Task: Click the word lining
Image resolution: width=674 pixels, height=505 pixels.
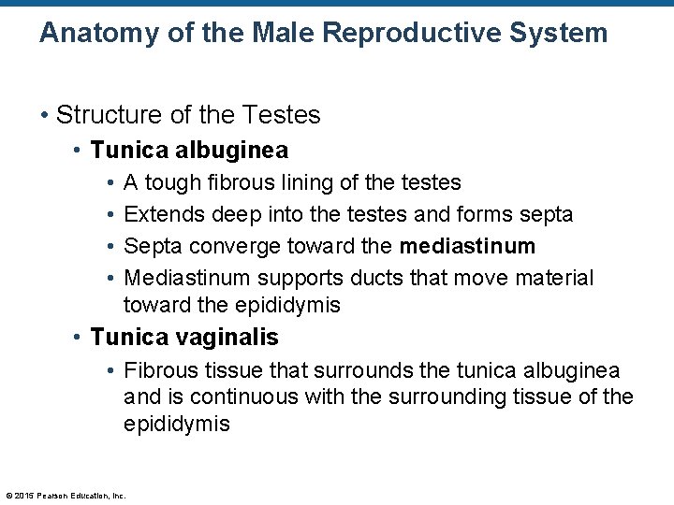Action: pyautogui.click(x=308, y=182)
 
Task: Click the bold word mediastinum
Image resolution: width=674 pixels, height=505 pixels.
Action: pyautogui.click(x=467, y=246)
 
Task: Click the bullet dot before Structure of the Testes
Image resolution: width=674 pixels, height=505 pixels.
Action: pyautogui.click(x=44, y=115)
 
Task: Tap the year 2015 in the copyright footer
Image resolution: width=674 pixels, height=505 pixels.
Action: pyautogui.click(x=24, y=496)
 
